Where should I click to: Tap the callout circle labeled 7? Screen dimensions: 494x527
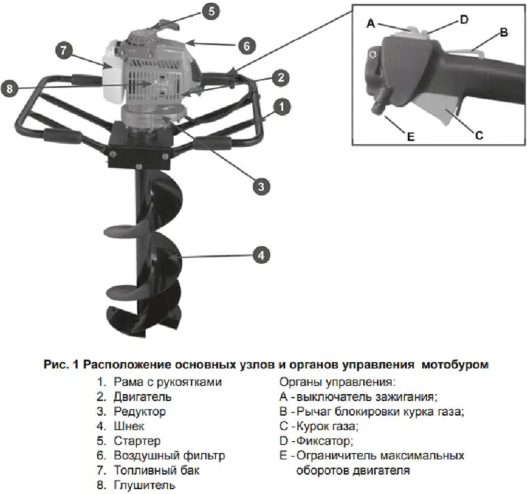62,51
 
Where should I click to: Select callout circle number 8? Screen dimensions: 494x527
9,89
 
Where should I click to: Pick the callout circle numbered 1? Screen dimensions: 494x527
281,108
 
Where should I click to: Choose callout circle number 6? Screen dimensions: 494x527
246,46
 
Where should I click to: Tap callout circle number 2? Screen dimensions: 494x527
280,76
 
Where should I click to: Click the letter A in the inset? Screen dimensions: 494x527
371,23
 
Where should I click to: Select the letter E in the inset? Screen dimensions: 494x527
410,137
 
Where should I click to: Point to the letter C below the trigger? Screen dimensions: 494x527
478,135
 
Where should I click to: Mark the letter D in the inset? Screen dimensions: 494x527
464,20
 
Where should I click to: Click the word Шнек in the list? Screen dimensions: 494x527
129,426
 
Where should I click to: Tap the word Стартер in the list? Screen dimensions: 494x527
137,441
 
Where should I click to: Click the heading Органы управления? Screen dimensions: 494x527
336,382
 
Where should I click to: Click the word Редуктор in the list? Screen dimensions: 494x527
140,411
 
